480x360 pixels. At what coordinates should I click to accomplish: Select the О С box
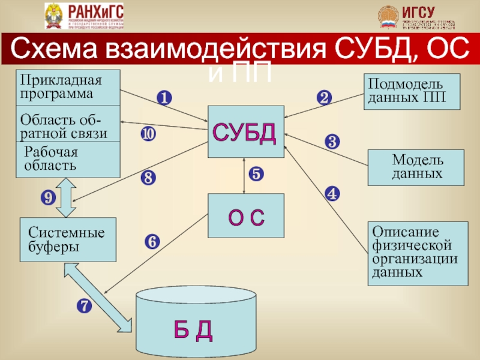point(245,217)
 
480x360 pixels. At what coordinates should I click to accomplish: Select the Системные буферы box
point(68,239)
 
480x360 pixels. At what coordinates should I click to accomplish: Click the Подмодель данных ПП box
point(412,91)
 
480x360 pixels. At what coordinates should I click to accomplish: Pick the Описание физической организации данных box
point(418,253)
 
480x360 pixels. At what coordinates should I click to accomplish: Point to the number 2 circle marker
point(324,98)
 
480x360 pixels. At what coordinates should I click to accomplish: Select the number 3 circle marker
point(332,142)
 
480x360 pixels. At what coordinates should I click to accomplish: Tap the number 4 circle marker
point(332,193)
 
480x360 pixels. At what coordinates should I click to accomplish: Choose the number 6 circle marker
point(152,241)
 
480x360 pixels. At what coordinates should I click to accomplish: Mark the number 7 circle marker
point(83,306)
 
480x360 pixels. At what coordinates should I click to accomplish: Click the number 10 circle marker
point(148,134)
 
